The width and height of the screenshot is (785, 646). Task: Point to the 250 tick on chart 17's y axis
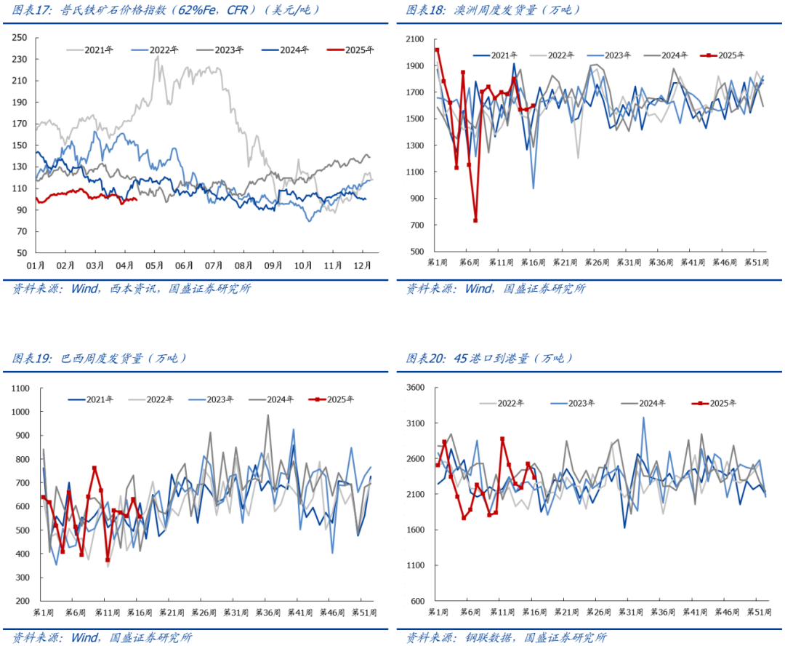tap(20, 38)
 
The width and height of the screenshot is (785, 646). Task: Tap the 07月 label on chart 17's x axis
tap(214, 266)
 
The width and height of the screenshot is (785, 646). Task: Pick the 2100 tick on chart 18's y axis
tap(415, 39)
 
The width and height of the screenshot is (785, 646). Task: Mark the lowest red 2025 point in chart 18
tap(475, 220)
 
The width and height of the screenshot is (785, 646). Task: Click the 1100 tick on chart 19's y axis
tap(20, 388)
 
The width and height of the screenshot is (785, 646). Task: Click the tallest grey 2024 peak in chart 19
tap(267, 415)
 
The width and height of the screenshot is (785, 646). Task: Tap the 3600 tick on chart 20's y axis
tap(415, 388)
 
